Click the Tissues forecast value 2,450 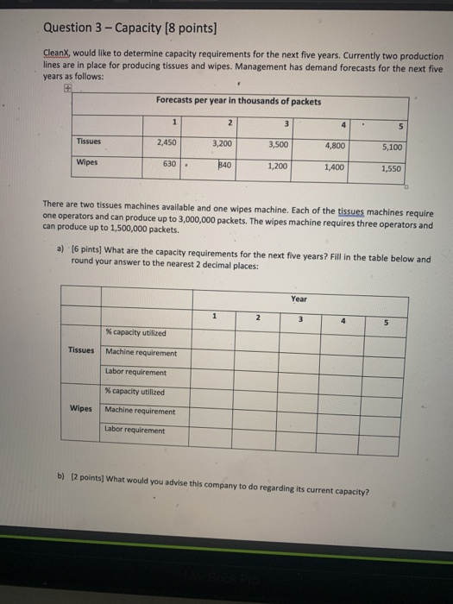click(167, 142)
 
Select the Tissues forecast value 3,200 click(222, 143)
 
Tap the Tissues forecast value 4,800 click(336, 146)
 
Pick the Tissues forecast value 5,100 click(392, 148)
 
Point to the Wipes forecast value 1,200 click(278, 165)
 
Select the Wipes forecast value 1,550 click(392, 169)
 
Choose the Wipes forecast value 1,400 click(334, 167)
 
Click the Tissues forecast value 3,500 click(278, 144)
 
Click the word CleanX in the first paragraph click(57, 53)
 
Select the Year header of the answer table click(299, 300)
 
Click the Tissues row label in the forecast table click(89, 141)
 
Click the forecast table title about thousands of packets click(238, 101)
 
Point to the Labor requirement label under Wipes click(135, 430)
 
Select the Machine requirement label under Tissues click(141, 352)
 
